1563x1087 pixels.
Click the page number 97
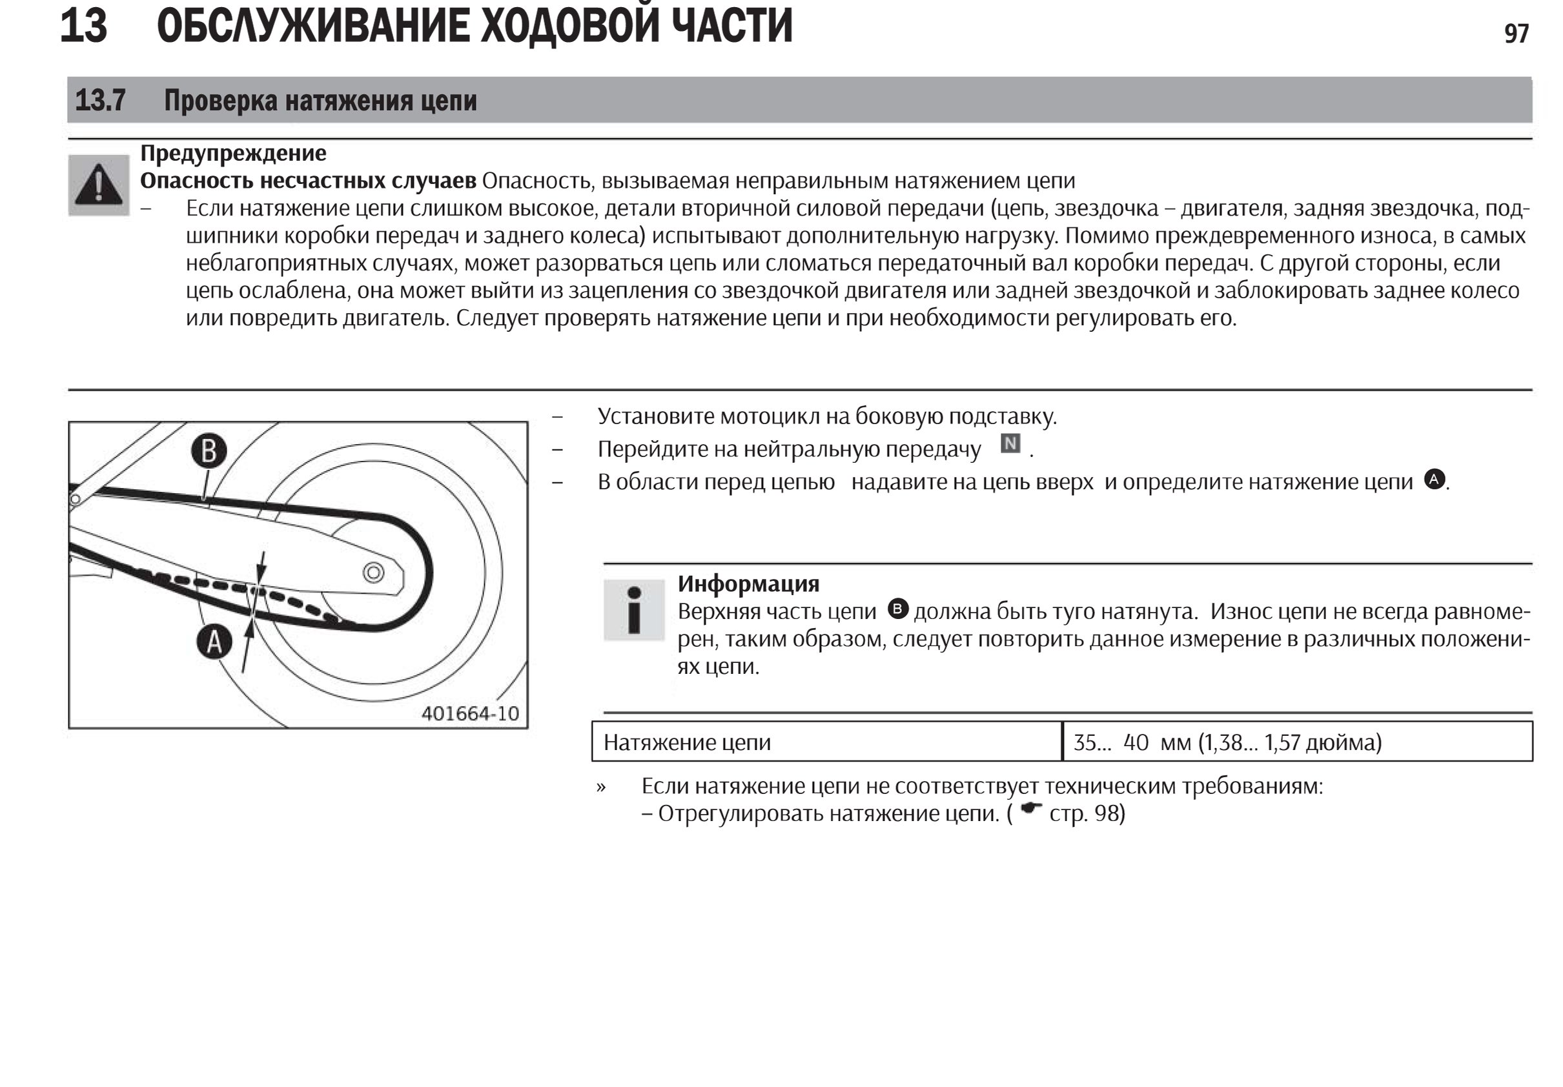click(1516, 34)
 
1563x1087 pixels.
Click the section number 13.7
click(100, 100)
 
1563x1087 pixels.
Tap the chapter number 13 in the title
click(83, 26)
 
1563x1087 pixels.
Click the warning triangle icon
click(99, 185)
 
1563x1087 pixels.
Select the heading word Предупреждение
click(233, 153)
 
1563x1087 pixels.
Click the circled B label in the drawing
click(209, 451)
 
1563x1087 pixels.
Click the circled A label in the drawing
click(214, 642)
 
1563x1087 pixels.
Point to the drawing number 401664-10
click(470, 713)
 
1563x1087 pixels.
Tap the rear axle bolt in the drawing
click(373, 573)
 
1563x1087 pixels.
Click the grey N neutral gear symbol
click(1010, 444)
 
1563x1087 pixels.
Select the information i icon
click(634, 610)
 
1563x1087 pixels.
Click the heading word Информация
click(748, 584)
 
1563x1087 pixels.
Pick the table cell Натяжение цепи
click(687, 742)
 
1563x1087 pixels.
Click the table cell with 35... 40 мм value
click(1227, 742)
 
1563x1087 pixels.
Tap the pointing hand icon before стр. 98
click(1031, 809)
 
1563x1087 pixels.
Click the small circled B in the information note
click(899, 609)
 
